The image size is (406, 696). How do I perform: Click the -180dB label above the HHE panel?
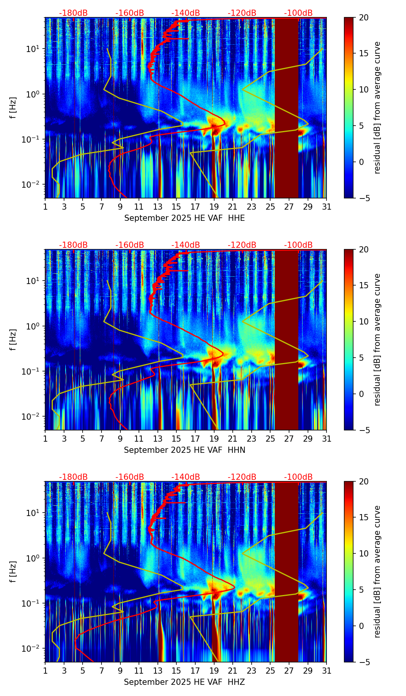tap(73, 13)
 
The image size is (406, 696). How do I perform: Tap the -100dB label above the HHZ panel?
tap(298, 477)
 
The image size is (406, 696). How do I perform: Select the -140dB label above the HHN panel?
tap(186, 245)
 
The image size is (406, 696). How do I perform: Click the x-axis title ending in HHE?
tap(184, 218)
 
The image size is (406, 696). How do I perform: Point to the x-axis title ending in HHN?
tap(184, 450)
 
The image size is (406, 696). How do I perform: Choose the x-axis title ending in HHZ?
tap(184, 682)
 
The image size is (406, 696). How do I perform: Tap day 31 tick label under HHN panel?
tap(326, 439)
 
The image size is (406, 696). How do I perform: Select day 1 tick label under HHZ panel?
tap(45, 671)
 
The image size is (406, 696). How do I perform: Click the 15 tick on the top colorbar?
tap(364, 54)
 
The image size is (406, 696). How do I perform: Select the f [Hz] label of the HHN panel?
tap(13, 340)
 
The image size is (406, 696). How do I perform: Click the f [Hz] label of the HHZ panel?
tap(13, 572)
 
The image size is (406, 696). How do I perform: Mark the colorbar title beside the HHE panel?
tap(377, 108)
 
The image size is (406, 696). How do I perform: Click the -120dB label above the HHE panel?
tap(242, 13)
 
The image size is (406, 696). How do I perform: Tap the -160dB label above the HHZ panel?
tap(130, 477)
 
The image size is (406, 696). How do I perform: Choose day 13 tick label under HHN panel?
tap(158, 439)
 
